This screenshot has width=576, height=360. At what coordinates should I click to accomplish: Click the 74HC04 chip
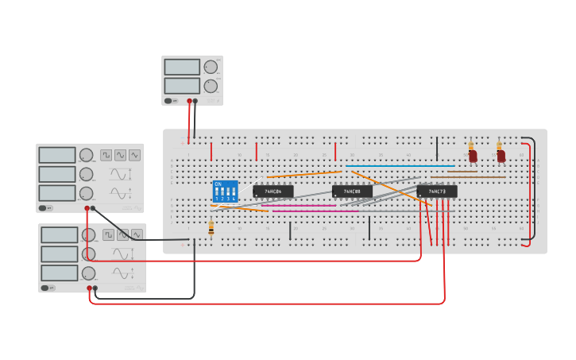[x=273, y=192]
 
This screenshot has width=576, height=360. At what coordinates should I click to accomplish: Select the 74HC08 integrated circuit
[x=352, y=192]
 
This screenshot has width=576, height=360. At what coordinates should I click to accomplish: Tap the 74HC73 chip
[x=437, y=192]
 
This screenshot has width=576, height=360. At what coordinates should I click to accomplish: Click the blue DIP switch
[x=225, y=192]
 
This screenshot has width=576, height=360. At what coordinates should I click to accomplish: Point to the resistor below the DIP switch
[x=211, y=229]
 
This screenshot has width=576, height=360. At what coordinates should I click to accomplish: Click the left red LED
[x=473, y=155]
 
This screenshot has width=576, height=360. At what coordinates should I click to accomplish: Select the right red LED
[x=501, y=155]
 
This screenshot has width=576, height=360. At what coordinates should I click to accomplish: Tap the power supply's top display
[x=182, y=68]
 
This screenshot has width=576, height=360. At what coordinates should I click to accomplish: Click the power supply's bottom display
[x=182, y=86]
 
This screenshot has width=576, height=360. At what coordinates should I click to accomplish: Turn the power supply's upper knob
[x=211, y=68]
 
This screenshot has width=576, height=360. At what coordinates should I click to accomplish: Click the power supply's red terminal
[x=189, y=101]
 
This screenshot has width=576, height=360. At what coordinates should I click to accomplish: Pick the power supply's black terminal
[x=195, y=101]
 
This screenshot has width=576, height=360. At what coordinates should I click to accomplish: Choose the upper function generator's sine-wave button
[x=134, y=155]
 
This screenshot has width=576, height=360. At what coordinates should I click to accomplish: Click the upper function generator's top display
[x=57, y=155]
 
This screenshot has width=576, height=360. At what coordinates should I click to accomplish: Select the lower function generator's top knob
[x=88, y=235]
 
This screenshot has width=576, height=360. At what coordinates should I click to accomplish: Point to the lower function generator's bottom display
[x=60, y=273]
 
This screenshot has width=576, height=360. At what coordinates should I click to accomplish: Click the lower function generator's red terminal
[x=89, y=288]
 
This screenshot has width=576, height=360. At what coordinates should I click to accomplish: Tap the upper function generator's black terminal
[x=93, y=208]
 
